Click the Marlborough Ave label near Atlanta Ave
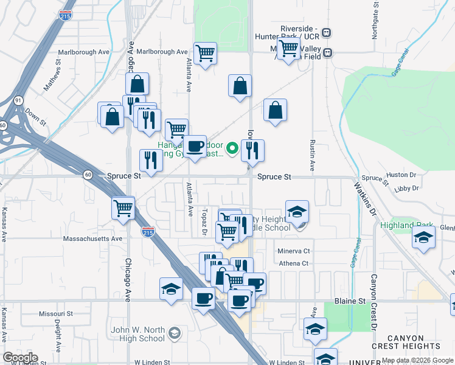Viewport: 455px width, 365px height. (162, 52)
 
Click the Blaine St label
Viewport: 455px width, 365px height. (352, 301)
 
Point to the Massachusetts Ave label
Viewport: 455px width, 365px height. (92, 238)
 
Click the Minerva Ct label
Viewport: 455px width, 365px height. (294, 251)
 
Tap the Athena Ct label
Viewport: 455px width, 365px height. (294, 263)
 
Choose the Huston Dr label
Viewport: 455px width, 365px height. (401, 175)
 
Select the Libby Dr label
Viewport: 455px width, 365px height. (406, 189)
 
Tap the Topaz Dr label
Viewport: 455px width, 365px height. (205, 224)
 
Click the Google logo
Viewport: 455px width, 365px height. (20, 358)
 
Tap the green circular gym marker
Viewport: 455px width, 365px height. (232, 147)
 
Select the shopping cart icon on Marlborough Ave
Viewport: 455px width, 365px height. (206, 52)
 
